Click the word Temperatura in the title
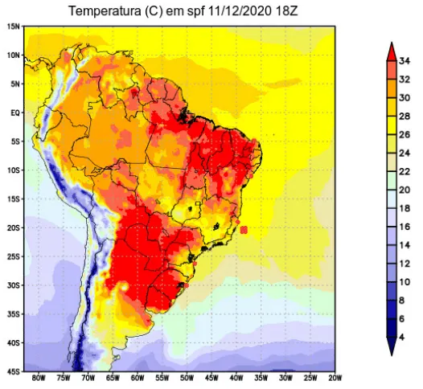[x=104, y=11]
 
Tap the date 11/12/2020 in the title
[x=240, y=11]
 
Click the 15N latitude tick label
[x=14, y=27]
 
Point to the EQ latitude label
[x=15, y=113]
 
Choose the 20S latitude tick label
[x=14, y=228]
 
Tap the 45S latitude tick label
[x=14, y=372]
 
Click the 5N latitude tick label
[x=15, y=84]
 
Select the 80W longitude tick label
[x=39, y=379]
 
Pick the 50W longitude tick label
[x=187, y=379]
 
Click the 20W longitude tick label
[x=335, y=379]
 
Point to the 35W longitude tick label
[x=261, y=379]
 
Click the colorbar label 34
[x=405, y=61]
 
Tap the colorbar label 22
[x=405, y=172]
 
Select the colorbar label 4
[x=402, y=338]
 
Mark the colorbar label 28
[x=405, y=117]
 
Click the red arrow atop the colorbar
[x=392, y=52]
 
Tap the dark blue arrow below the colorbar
[x=392, y=346]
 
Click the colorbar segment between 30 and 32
[x=392, y=88]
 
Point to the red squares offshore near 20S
[x=244, y=230]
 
